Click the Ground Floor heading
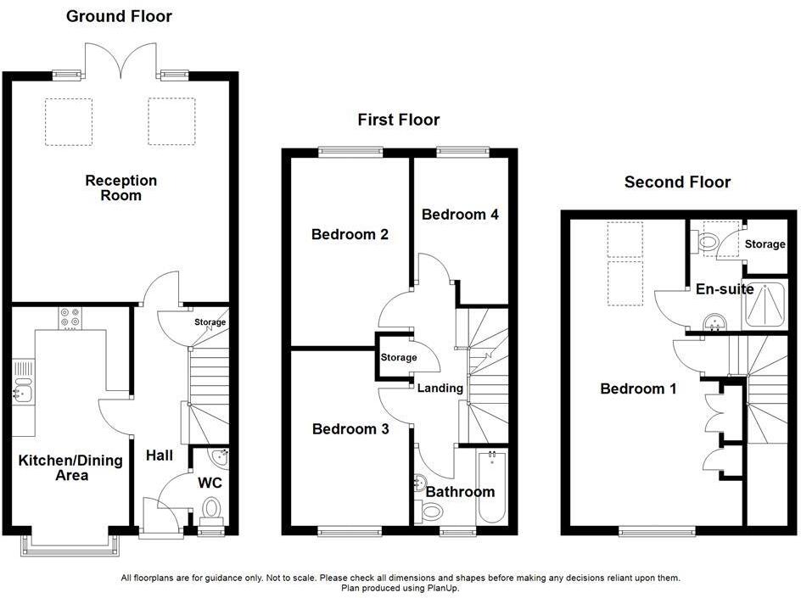119,16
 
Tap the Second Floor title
677,182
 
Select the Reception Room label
121,187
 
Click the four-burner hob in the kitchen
70,317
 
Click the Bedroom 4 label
460,215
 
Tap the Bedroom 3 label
350,429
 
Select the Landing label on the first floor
440,388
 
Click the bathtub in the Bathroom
491,489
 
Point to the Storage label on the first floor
399,357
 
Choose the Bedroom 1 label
638,388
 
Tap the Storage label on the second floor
765,244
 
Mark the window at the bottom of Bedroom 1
659,532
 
